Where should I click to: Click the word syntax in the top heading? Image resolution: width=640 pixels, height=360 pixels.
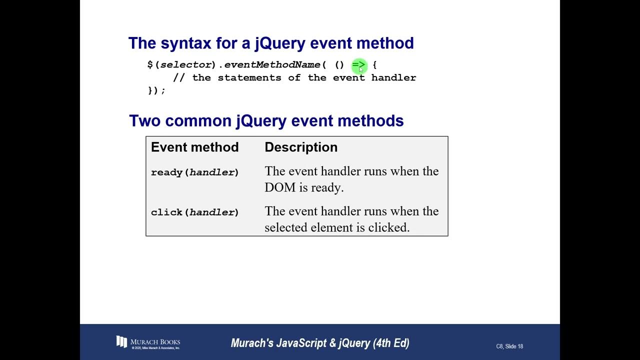pyautogui.click(x=186, y=43)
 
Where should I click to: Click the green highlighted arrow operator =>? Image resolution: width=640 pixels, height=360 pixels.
pyautogui.click(x=358, y=65)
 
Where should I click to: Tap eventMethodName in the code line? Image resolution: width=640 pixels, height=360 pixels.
pyautogui.click(x=272, y=65)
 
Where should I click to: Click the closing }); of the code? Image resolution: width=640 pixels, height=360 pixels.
pyautogui.click(x=156, y=90)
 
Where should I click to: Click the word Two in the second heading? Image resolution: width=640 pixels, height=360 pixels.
pyautogui.click(x=145, y=121)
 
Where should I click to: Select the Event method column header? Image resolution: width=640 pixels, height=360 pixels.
pyautogui.click(x=194, y=147)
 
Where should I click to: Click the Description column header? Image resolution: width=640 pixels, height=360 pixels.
pyautogui.click(x=301, y=147)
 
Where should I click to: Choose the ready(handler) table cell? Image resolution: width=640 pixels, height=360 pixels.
pyautogui.click(x=194, y=172)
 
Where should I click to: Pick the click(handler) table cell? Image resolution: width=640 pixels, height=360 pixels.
pyautogui.click(x=194, y=212)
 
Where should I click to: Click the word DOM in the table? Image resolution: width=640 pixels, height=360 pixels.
pyautogui.click(x=279, y=187)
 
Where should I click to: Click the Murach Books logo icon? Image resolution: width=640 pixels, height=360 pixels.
pyautogui.click(x=121, y=342)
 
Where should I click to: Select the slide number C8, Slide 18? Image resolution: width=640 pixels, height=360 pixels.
pyautogui.click(x=509, y=346)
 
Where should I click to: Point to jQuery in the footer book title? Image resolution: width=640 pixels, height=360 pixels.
pyautogui.click(x=355, y=343)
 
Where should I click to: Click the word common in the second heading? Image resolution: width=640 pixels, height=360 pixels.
pyautogui.click(x=198, y=121)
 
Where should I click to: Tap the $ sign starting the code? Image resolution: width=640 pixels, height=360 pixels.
pyautogui.click(x=150, y=65)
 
